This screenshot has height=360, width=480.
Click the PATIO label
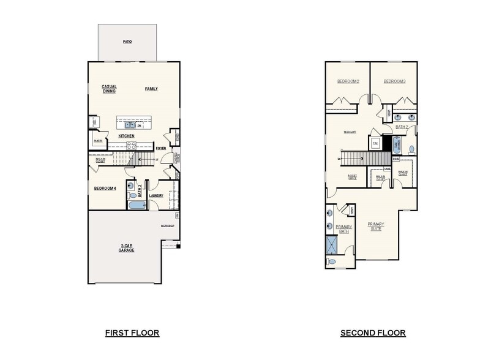[x=127, y=42]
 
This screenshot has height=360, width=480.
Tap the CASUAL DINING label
[x=109, y=89]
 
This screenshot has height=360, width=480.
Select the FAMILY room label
[x=151, y=89]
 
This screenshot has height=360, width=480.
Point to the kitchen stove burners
[x=130, y=145]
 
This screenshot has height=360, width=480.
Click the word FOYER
[x=161, y=148]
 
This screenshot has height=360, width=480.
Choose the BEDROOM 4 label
[x=105, y=188]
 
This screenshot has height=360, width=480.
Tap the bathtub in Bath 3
[x=136, y=204]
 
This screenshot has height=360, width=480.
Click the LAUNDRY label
[x=156, y=196]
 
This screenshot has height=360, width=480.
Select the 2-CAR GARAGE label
[x=126, y=248]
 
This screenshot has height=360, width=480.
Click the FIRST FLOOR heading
[x=132, y=333]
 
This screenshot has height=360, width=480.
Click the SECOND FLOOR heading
[x=373, y=333]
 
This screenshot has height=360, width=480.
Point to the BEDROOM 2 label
[x=348, y=81]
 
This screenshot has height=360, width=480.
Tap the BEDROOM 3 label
[x=395, y=81]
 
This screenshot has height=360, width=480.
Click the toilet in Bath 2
[x=411, y=149]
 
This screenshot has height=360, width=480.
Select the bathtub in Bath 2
[x=396, y=146]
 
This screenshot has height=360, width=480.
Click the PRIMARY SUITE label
[x=376, y=227]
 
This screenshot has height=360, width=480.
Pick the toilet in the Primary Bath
[x=332, y=261]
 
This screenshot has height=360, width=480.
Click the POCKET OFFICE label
[x=352, y=177]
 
